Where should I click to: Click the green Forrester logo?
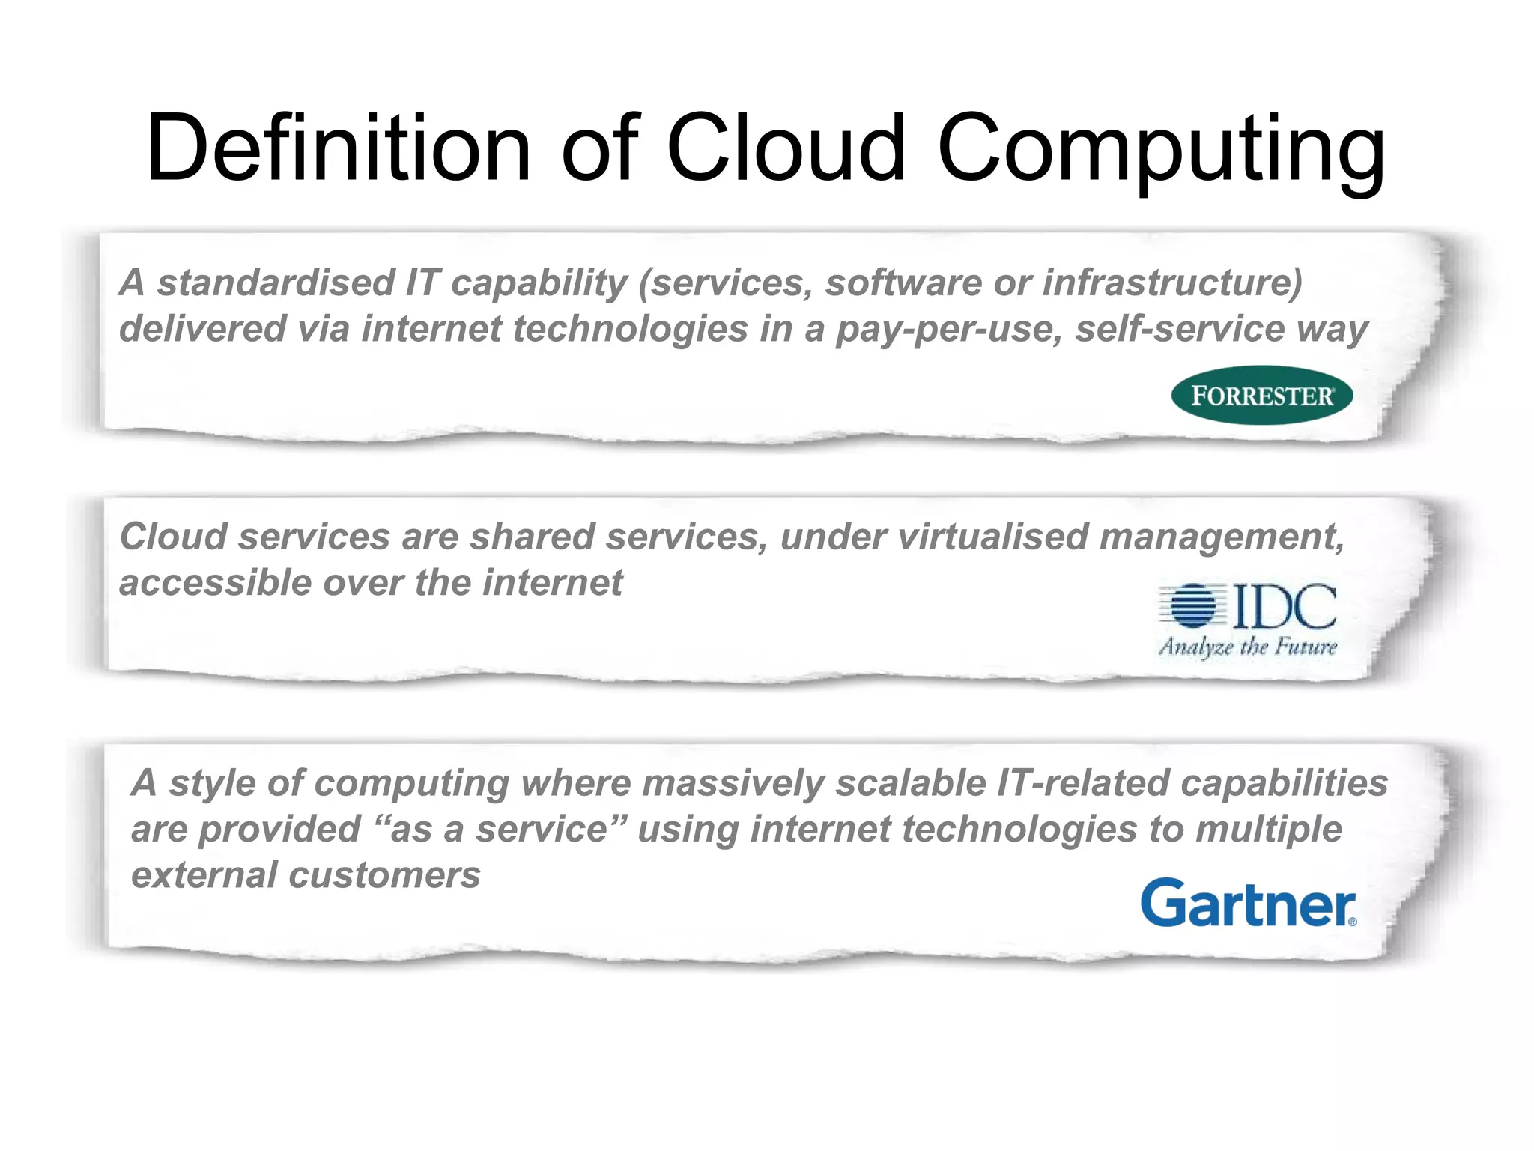1262,395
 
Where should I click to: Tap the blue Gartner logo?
1248,903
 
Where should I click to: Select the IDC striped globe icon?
1192,605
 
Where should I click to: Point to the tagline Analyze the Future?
1248,646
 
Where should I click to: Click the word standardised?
276,283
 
